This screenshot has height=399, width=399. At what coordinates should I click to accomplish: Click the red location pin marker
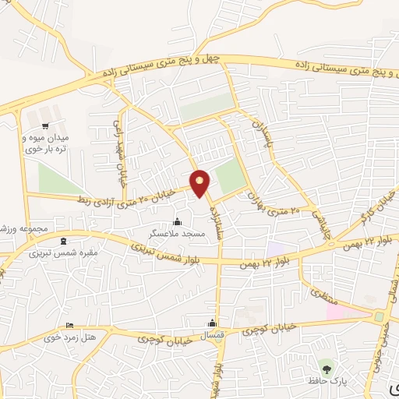click(200, 183)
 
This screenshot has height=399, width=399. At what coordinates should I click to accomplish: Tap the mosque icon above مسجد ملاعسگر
click(178, 221)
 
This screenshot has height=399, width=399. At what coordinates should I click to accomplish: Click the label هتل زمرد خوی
click(71, 337)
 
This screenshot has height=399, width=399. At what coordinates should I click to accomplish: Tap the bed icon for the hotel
click(70, 325)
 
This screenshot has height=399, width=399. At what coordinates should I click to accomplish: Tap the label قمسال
click(212, 335)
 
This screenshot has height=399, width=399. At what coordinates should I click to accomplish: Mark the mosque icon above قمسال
click(211, 323)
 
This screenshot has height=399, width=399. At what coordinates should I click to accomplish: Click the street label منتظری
click(322, 296)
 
